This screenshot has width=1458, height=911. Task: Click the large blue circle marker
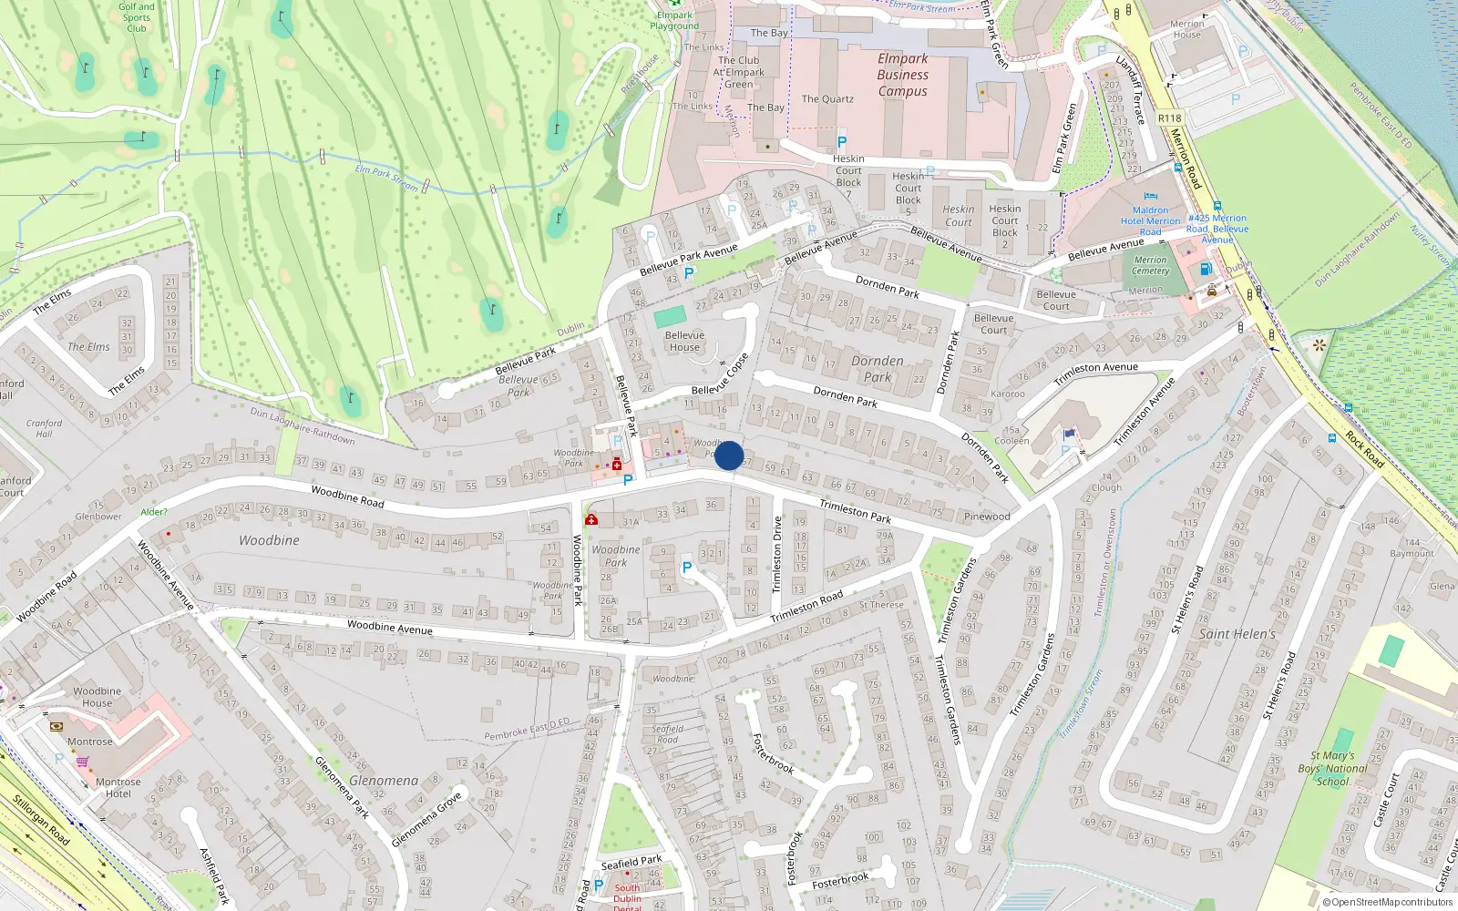(729, 455)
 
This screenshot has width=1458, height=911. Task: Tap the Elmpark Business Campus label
(902, 75)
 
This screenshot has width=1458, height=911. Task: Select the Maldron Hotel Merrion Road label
(1150, 220)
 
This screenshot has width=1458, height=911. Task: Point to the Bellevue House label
(684, 341)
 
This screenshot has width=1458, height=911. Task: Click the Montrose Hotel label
(118, 787)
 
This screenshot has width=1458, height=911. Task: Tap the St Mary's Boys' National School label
(1332, 768)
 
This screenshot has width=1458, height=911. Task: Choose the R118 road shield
(1169, 118)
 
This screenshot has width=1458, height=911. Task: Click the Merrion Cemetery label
(1150, 265)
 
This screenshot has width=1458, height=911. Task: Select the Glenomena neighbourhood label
(384, 781)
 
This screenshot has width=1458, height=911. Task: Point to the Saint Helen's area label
(1237, 634)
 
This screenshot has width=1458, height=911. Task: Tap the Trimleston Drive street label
(777, 555)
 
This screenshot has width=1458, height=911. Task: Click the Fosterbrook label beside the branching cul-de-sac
(774, 753)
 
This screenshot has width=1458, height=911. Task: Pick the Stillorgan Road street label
(41, 819)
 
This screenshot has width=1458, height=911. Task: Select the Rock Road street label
(1364, 450)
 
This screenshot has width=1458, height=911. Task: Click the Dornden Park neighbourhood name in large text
(878, 369)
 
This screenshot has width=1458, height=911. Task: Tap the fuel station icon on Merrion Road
(1206, 269)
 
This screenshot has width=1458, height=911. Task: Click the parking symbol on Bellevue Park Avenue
(689, 272)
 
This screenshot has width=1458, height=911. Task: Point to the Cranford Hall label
(44, 428)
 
